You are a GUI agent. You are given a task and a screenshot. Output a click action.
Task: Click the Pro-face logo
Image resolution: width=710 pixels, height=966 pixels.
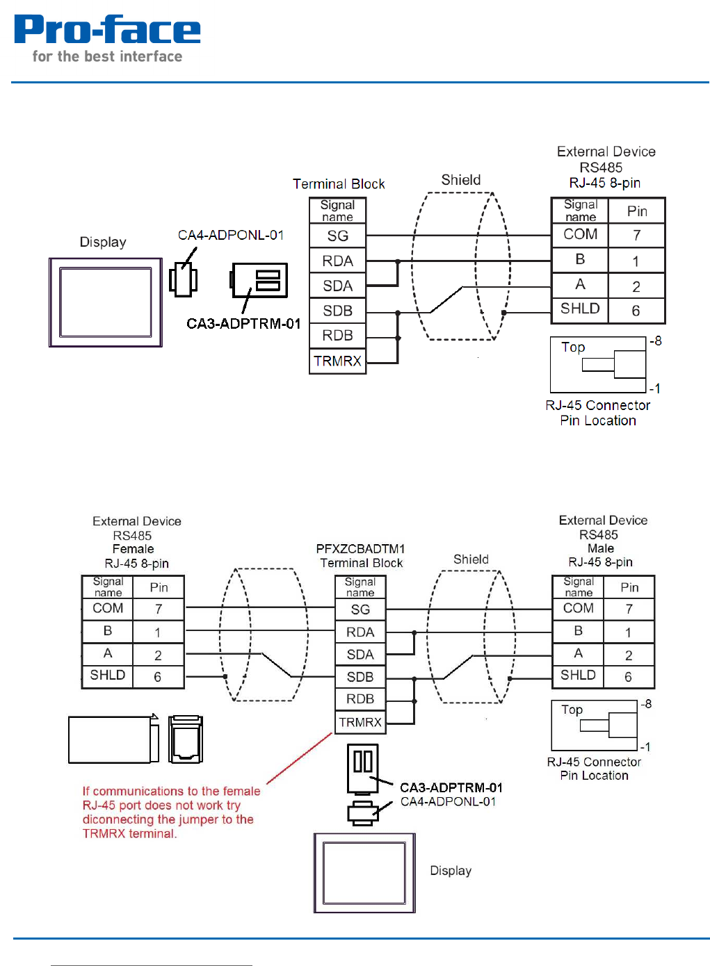click(107, 38)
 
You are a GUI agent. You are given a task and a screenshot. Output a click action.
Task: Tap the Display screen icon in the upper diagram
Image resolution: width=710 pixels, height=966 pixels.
click(106, 302)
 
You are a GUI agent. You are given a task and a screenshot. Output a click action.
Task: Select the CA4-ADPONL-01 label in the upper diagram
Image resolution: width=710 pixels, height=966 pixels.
click(231, 235)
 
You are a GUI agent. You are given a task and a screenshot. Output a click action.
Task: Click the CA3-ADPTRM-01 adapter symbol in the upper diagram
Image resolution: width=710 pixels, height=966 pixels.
click(259, 280)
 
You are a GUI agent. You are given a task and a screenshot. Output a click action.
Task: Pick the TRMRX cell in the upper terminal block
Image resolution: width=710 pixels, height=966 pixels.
click(337, 361)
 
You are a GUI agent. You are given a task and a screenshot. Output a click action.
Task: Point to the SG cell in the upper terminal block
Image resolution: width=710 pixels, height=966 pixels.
click(337, 236)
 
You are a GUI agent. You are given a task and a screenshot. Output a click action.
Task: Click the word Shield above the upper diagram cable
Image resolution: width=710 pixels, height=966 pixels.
click(460, 180)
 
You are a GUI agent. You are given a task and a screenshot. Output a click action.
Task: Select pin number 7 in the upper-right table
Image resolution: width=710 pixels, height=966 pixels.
click(636, 236)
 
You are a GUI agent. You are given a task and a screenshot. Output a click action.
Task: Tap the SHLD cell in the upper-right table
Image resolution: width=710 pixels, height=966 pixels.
click(580, 309)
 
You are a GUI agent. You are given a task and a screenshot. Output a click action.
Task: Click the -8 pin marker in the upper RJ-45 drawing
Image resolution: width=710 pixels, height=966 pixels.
click(655, 341)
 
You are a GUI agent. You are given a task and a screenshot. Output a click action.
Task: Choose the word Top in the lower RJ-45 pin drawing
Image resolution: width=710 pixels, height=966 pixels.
click(572, 710)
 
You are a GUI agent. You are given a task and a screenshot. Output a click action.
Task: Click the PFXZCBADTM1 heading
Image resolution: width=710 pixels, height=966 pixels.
click(360, 549)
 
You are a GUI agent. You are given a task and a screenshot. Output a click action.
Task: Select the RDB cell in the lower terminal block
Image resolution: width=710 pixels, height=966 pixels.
click(360, 699)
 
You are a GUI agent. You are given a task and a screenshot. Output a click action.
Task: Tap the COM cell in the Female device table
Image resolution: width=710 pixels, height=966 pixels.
click(108, 608)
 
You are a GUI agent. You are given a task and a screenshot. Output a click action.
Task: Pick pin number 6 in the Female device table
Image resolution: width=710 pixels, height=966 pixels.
click(158, 677)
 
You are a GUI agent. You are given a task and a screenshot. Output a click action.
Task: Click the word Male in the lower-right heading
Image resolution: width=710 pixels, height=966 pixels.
click(600, 548)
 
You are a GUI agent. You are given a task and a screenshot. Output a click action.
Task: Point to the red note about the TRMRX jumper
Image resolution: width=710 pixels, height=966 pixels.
click(170, 812)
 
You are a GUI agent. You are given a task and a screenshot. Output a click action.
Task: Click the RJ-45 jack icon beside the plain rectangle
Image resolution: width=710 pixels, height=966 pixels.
click(186, 739)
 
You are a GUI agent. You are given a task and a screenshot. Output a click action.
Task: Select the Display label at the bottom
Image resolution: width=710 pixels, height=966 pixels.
click(451, 871)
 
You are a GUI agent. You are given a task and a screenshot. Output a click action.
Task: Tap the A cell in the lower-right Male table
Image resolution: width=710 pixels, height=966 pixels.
click(578, 653)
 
